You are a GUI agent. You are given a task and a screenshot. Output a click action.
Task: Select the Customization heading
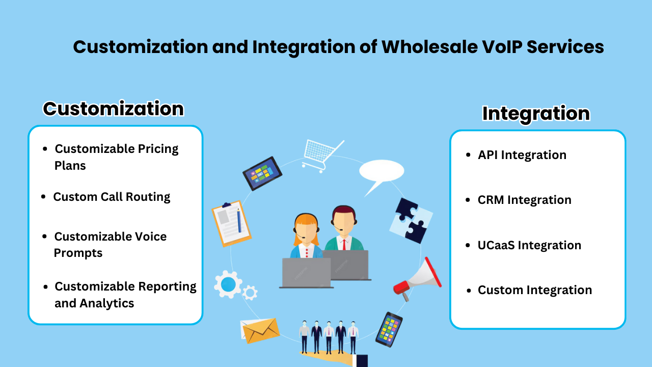113,109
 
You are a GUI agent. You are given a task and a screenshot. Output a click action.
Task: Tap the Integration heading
536,113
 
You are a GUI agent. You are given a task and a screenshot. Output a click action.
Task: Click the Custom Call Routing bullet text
112,197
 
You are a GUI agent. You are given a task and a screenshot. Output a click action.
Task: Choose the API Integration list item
522,155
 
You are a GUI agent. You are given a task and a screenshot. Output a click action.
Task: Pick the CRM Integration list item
524,200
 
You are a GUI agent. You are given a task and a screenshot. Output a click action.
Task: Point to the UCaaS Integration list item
529,245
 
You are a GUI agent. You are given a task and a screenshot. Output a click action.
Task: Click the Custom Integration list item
534,290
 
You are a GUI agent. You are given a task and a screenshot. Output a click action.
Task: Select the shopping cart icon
321,153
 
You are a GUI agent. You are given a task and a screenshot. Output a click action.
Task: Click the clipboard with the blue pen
231,223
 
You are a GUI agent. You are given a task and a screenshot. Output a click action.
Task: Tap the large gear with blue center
228,284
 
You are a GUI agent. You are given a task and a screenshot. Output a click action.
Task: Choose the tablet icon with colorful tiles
262,173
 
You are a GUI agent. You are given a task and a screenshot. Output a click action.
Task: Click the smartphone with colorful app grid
389,329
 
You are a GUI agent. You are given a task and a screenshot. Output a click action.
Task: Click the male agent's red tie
344,244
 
